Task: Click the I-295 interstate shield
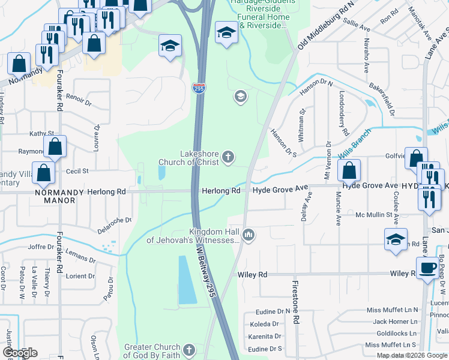(198, 88)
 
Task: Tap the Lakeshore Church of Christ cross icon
(228, 157)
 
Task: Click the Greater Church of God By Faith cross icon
(189, 350)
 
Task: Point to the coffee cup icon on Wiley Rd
(427, 268)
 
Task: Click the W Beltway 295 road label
(203, 269)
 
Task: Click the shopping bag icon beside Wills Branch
(349, 170)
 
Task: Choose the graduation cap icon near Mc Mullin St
(396, 239)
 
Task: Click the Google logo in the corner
(20, 353)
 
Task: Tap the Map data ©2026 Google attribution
(411, 355)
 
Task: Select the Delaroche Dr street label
(115, 226)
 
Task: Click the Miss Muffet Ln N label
(391, 310)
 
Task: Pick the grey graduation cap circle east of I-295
(240, 97)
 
